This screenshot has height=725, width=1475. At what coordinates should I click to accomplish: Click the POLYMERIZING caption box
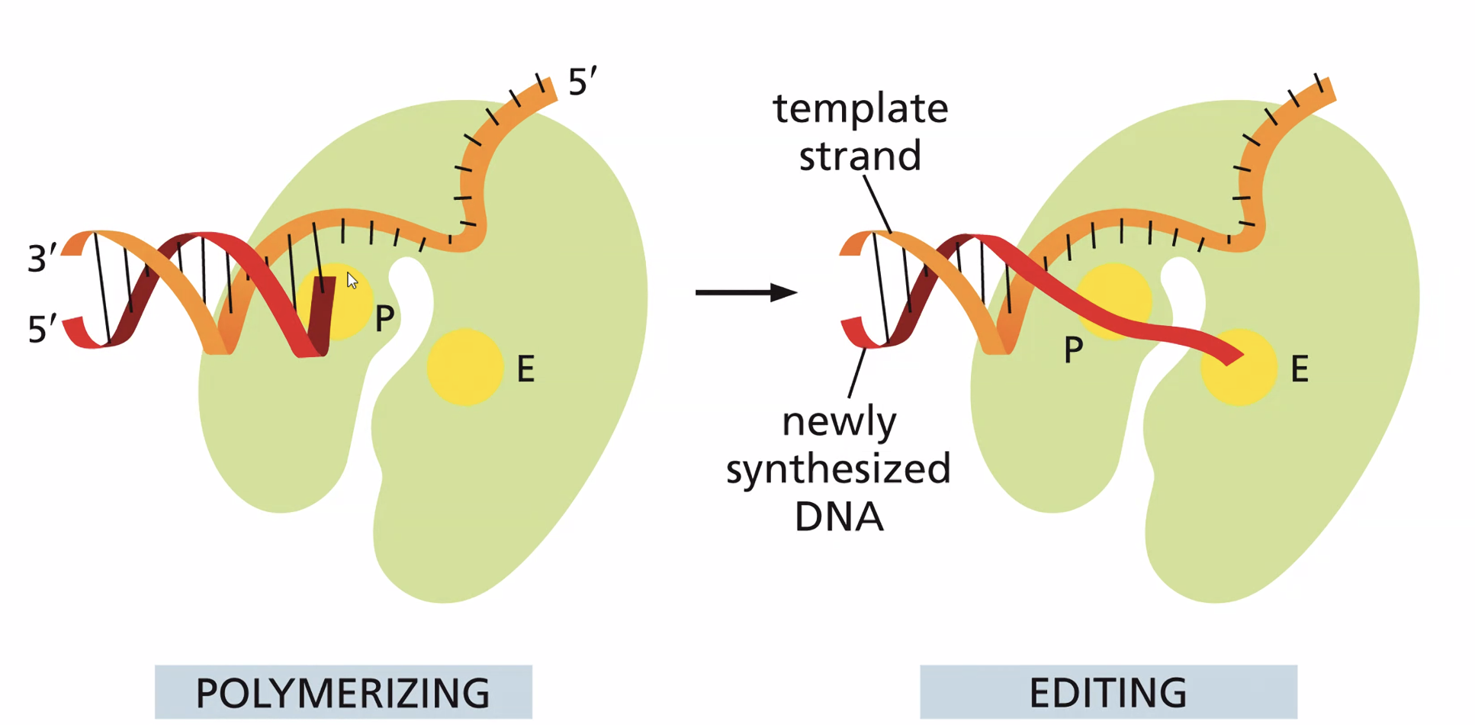tap(342, 691)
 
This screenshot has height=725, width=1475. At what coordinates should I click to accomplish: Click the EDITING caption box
tap(1107, 691)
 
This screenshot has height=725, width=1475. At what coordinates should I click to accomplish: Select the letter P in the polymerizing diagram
tap(384, 318)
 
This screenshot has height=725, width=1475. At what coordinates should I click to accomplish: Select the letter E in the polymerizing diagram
tap(525, 369)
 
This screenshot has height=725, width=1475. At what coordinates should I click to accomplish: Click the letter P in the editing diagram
tap(1073, 350)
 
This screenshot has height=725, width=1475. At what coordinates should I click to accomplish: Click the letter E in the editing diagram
tap(1300, 369)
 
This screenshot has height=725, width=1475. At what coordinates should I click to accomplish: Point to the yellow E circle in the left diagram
tap(464, 367)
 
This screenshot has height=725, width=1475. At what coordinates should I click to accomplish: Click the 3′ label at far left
tap(42, 259)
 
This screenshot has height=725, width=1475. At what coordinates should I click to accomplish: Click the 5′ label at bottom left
tap(42, 329)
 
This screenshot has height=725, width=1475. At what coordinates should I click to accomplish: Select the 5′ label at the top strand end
tap(583, 82)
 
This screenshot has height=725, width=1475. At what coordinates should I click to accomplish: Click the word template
tap(860, 108)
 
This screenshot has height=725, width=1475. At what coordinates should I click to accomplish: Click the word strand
tap(860, 156)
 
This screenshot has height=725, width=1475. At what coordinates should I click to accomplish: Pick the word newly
tap(839, 422)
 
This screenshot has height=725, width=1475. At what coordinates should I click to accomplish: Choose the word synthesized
tap(838, 469)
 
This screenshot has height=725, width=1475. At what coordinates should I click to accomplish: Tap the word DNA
tap(839, 517)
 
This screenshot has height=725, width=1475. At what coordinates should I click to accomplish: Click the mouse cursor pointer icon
tap(352, 280)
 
